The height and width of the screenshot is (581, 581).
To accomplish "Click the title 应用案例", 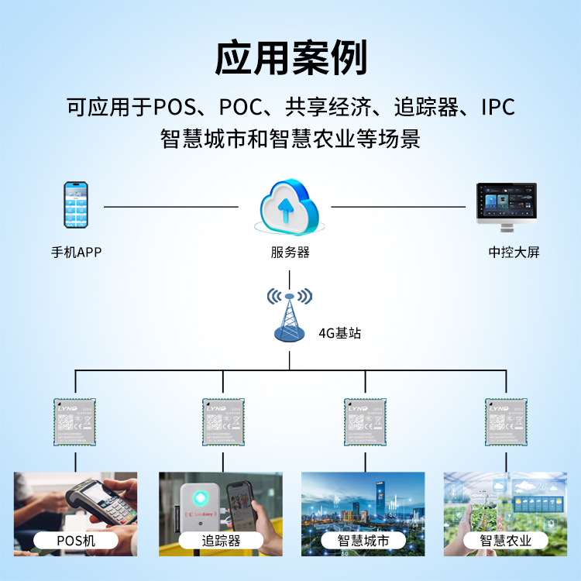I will [290, 58].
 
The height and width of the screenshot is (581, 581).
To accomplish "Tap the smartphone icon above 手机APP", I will [76, 205].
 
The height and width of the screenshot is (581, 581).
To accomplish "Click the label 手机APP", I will [76, 253].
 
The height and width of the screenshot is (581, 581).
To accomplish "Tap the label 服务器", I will [290, 253].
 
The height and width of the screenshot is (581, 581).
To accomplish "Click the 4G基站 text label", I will [339, 334].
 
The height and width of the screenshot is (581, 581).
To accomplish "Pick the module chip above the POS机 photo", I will [75, 422].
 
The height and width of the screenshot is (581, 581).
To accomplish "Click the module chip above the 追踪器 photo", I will [224, 422].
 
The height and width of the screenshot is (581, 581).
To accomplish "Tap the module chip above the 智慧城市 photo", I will [366, 422].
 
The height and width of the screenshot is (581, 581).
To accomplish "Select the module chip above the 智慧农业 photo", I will [507, 422].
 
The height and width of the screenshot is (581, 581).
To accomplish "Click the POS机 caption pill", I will [76, 540].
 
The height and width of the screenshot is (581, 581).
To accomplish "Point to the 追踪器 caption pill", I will [221, 540].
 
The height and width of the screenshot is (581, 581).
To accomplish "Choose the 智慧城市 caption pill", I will [364, 540].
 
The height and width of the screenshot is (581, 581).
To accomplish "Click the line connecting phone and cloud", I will [170, 207].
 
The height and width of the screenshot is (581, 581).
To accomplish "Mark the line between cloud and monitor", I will [398, 207].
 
